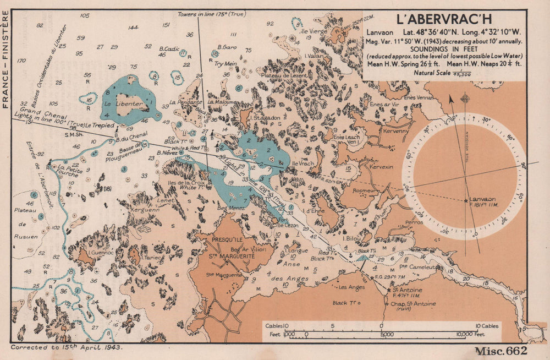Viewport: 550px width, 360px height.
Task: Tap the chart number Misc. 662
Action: coord(496,351)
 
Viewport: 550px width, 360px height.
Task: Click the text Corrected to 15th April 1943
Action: coord(66,348)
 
